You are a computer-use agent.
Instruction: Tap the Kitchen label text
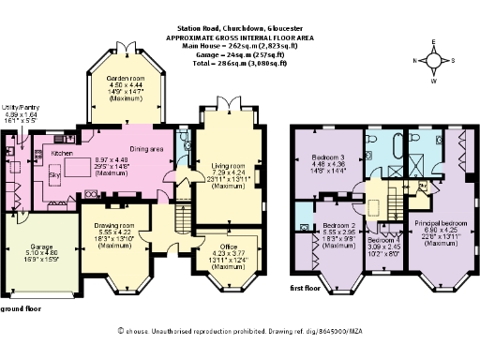(62, 152)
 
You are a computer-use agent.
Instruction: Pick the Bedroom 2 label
(338, 226)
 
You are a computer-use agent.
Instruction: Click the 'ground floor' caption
(20, 308)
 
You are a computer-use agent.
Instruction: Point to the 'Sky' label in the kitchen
(53, 174)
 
